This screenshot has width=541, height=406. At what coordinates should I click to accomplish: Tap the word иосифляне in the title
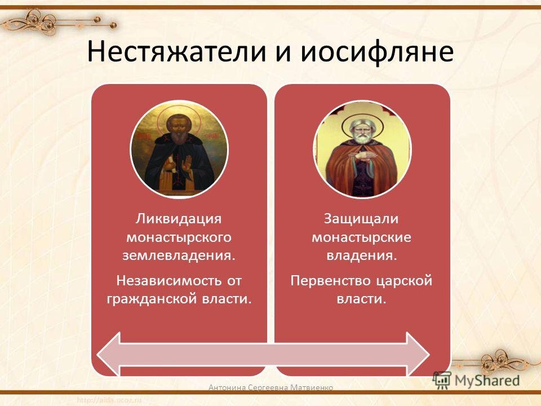click(375, 52)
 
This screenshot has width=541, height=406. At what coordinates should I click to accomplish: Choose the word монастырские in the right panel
click(362, 237)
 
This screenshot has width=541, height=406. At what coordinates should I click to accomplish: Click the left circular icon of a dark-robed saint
click(179, 149)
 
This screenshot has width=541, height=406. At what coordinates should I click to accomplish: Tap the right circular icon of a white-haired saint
click(362, 149)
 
